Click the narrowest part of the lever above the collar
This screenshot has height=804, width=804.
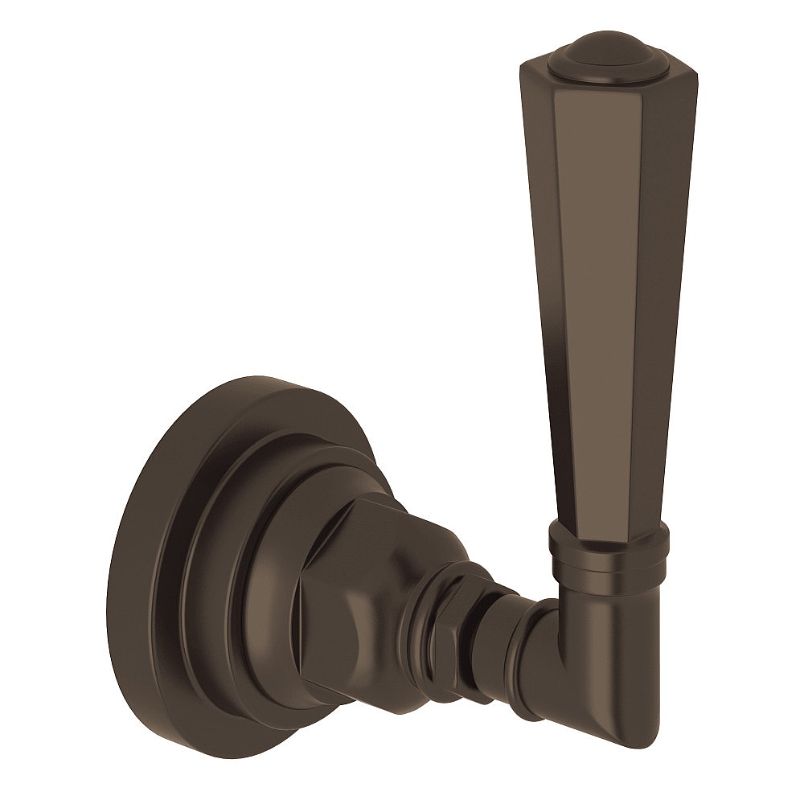(607, 515)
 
